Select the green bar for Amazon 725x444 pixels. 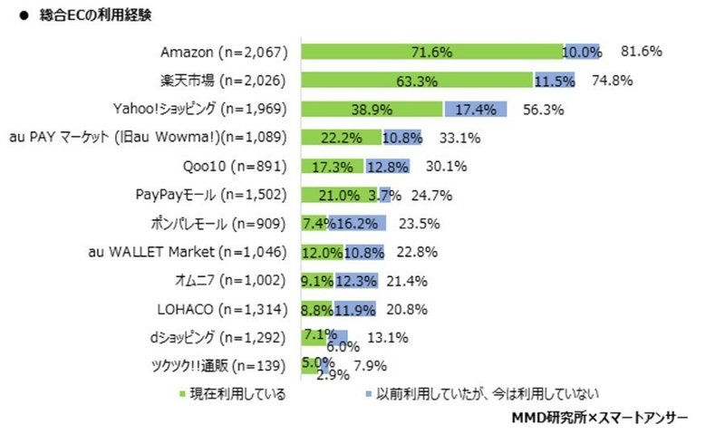coord(430,52)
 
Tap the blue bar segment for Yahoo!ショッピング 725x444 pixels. coord(477,109)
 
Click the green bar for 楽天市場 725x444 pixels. coord(416,81)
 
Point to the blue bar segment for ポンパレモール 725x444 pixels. coord(357,223)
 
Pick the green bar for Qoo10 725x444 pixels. coord(332,166)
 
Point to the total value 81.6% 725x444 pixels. coord(641,52)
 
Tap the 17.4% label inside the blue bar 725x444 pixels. coord(477,109)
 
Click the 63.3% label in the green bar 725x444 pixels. coord(417,81)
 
